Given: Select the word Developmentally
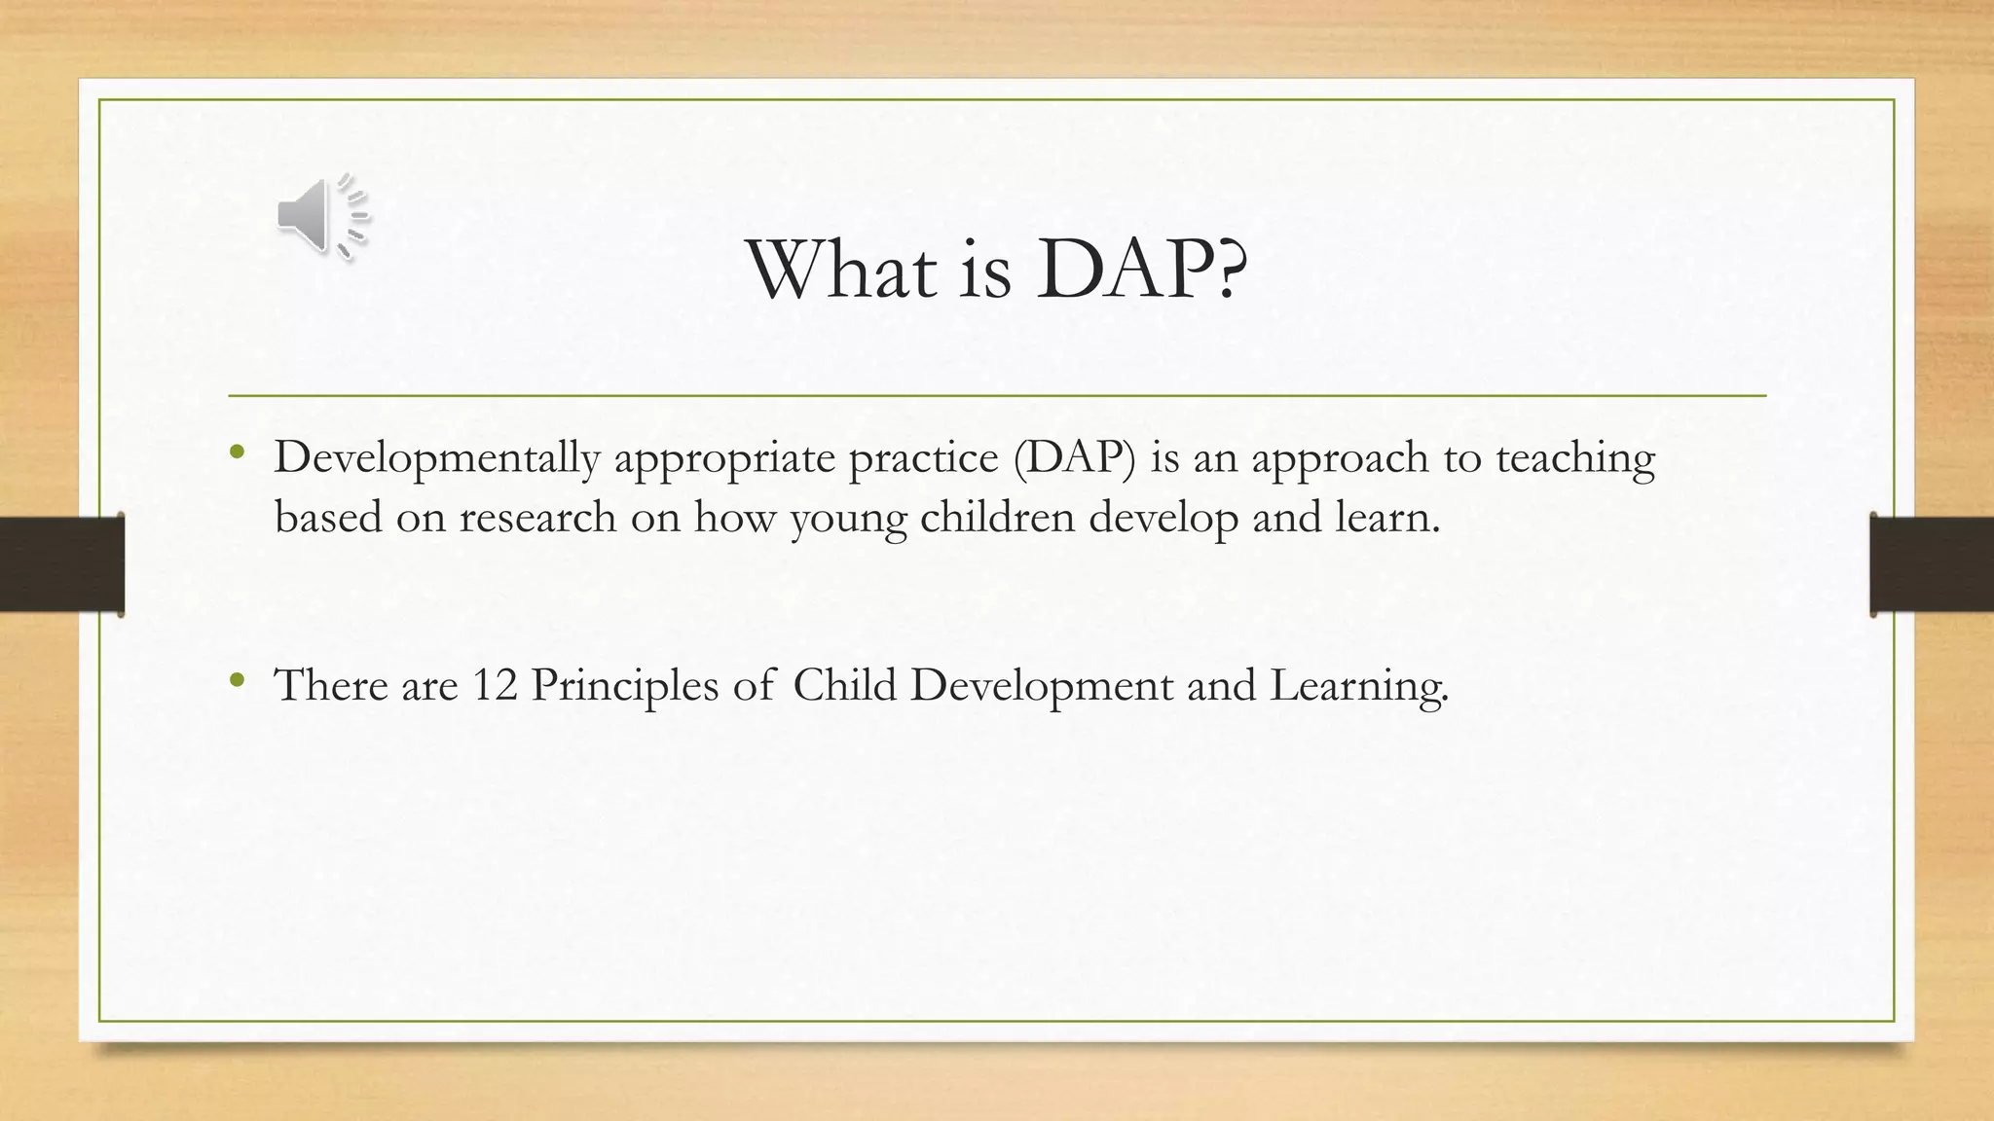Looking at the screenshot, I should click(x=436, y=458).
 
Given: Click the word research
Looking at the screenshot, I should click(x=537, y=517).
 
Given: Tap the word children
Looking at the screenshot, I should click(x=997, y=517).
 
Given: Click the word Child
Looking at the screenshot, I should click(x=844, y=685).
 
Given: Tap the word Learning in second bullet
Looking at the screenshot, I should click(x=1358, y=685).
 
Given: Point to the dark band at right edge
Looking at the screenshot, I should click(x=1932, y=564).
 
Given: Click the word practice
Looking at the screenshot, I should click(x=923, y=458).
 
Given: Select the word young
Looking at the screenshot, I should click(x=847, y=517).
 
